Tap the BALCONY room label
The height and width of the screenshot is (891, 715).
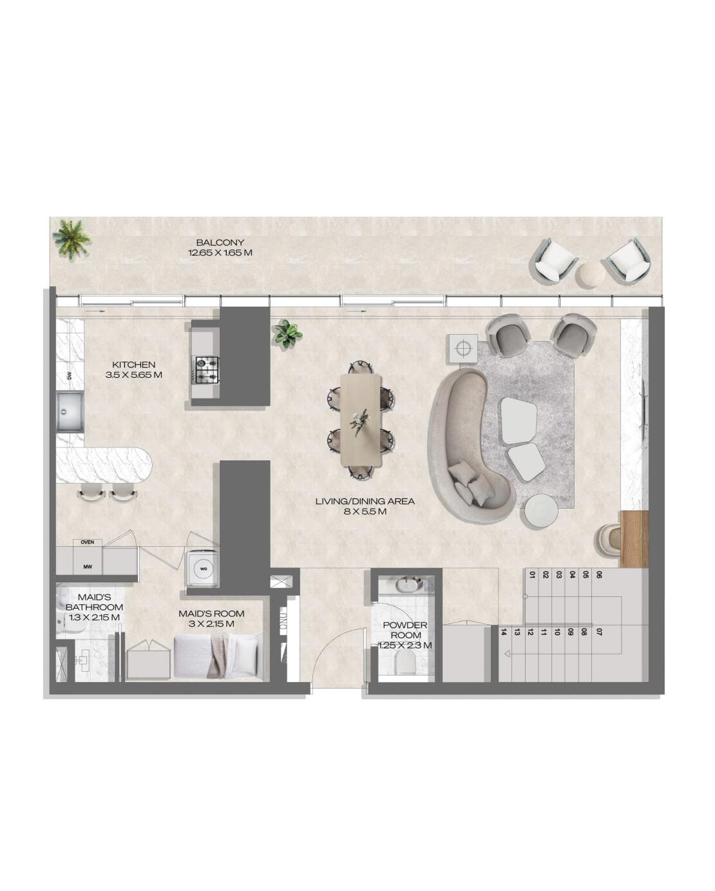tap(220, 242)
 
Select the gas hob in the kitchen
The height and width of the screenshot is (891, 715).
tap(207, 370)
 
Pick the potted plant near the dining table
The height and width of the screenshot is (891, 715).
tap(287, 334)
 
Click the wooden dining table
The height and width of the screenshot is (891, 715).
tap(361, 419)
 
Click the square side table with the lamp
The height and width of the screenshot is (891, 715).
tap(462, 349)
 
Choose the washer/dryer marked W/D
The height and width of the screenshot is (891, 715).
tap(204, 569)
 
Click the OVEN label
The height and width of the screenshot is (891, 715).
tap(87, 542)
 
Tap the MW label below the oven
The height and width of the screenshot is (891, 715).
tap(87, 567)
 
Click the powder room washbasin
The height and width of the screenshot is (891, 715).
tap(407, 585)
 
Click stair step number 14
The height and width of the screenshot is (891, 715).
tap(504, 632)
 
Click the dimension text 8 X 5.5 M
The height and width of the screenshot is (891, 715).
tap(365, 512)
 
